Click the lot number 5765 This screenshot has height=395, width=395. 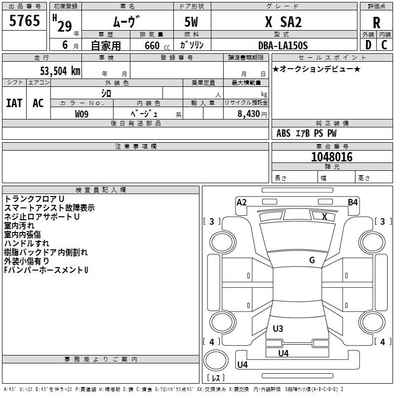(25, 21)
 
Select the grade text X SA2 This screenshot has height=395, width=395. (283, 22)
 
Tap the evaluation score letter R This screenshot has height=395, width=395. (376, 23)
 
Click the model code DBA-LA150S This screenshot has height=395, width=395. (283, 45)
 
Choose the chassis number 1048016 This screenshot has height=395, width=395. (332, 157)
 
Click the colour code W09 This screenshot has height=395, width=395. (82, 114)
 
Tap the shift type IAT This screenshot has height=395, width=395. (14, 103)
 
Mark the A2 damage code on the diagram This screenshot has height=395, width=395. (241, 202)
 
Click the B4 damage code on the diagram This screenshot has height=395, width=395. (353, 202)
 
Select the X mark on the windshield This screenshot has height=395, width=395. (324, 216)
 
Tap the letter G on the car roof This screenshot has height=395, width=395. (312, 260)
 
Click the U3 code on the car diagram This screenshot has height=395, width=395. (278, 328)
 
